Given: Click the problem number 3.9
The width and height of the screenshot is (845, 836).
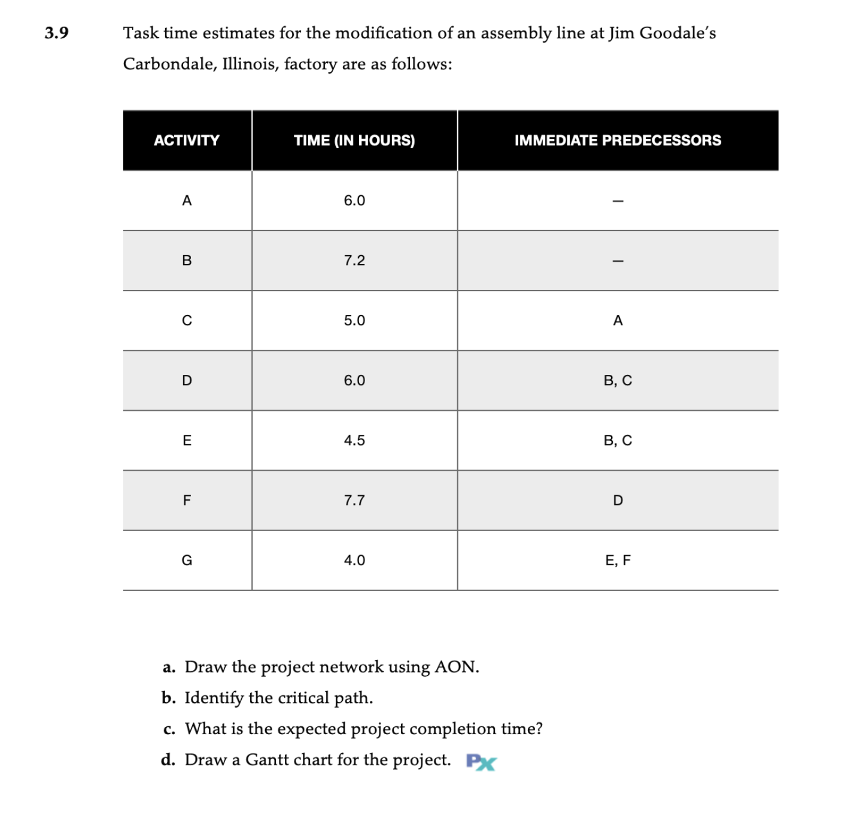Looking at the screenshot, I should pos(56,33).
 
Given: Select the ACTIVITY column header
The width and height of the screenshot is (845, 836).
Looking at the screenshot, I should pos(187,141).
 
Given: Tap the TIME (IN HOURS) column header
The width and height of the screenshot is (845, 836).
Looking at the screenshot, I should pos(354,141).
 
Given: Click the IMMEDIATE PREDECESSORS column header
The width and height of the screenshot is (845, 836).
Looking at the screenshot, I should pos(618,141).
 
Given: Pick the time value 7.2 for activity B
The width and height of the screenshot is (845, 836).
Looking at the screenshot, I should pos(354,261).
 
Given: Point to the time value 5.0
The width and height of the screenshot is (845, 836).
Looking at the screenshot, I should pos(354,320).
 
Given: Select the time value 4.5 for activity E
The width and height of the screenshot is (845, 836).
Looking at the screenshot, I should pos(354,441).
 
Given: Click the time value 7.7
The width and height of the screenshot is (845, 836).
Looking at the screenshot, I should pos(354,501).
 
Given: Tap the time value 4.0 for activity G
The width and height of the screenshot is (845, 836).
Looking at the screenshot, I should pos(354,561).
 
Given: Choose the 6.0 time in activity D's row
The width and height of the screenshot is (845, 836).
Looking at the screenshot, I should pos(354,381).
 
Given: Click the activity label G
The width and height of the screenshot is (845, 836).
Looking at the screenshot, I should pos(187,561).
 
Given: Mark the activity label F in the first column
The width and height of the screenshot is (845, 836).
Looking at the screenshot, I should pos(187,501).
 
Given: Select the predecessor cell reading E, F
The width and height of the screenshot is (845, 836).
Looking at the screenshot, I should pos(618,561).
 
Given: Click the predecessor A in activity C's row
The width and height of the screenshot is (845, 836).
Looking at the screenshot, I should pos(618,320).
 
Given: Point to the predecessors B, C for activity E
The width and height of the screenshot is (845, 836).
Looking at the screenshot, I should pos(618,441).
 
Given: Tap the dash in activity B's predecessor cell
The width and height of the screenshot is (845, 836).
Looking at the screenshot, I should pos(618,261).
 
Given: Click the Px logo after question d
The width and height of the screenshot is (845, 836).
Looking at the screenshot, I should pos(481,762).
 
